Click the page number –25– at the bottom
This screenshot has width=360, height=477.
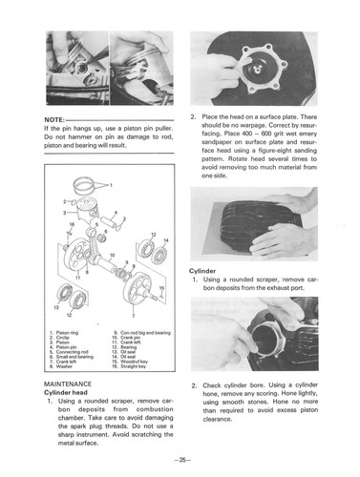pyautogui.click(x=180, y=461)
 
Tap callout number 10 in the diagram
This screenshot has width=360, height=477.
pyautogui.click(x=114, y=257)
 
